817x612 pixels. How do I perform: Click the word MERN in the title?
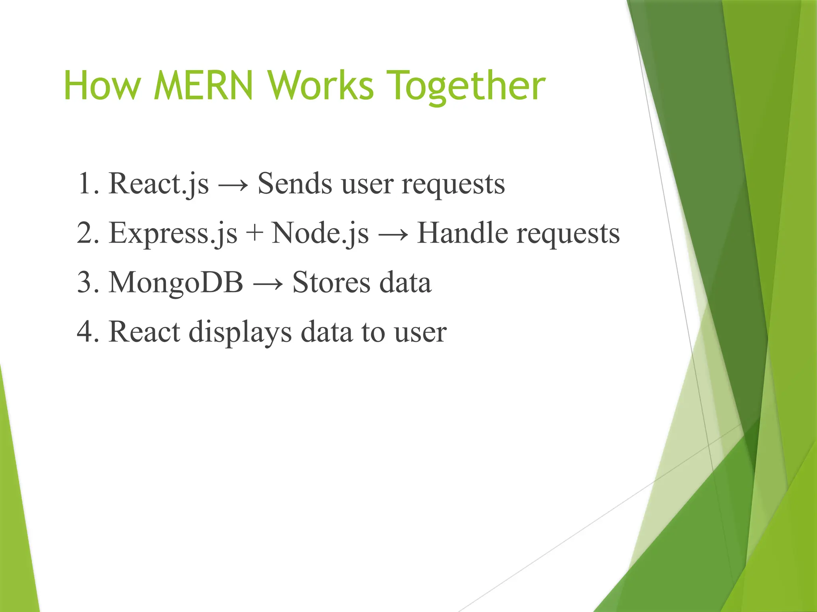203,86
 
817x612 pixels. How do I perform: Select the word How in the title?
102,86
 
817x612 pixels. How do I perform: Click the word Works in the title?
321,86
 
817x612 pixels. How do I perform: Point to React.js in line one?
158,184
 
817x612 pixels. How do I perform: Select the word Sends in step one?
294,184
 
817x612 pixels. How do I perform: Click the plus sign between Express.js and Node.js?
255,233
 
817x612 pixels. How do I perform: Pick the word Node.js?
320,233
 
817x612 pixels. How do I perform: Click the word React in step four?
144,331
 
